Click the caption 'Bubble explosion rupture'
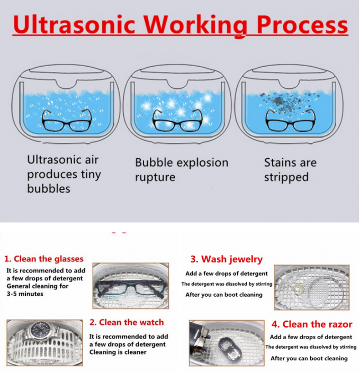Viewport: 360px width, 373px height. (182, 169)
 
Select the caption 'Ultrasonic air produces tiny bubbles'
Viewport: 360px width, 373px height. (64, 174)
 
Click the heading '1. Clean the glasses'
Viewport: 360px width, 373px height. (44, 259)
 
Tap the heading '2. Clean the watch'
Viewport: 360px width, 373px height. (127, 322)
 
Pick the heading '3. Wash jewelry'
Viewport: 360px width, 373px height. (226, 259)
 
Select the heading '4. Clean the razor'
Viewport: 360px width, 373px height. (312, 324)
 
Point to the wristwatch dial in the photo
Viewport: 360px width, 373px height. (40, 331)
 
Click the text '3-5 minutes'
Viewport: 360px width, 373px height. (25, 294)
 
